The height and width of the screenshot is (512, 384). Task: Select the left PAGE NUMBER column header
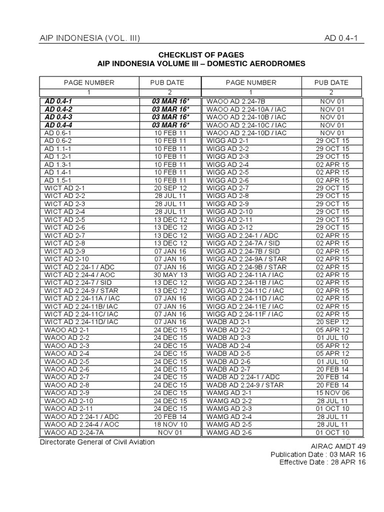click(x=89, y=82)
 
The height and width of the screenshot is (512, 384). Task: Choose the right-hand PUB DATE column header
click(x=331, y=82)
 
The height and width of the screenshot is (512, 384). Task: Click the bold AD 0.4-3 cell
click(x=58, y=117)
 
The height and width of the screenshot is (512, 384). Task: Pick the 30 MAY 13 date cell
click(x=170, y=274)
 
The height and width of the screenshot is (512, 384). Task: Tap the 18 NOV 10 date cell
click(x=170, y=424)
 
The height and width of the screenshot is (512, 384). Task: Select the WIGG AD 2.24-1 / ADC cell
click(x=235, y=235)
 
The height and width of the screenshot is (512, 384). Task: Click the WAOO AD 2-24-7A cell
click(x=74, y=432)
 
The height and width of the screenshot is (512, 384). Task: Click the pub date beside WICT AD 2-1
click(x=170, y=188)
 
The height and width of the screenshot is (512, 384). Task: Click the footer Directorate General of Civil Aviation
click(x=97, y=442)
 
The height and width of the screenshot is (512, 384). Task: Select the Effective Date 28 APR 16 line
click(x=322, y=462)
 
